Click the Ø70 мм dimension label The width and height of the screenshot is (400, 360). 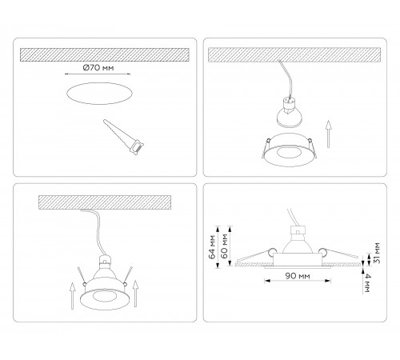point(98,68)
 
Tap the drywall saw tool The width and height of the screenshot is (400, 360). point(123,137)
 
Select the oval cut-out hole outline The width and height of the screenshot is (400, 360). point(99,94)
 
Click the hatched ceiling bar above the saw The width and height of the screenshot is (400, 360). point(105,54)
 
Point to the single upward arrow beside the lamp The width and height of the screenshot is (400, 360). point(329,134)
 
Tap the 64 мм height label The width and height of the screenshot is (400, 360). point(213,247)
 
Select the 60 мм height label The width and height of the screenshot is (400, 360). point(225,246)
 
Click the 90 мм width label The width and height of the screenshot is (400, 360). point(298,276)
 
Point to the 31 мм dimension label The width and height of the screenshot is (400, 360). point(377,253)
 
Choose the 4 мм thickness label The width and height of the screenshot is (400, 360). point(366,283)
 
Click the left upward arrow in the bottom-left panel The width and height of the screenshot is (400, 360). point(72,296)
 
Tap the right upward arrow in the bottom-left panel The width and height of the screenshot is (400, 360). point(135,294)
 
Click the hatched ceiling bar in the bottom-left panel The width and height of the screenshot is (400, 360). point(105,202)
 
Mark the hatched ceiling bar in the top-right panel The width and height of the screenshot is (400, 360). point(294,54)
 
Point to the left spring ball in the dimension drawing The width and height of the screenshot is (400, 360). point(273,251)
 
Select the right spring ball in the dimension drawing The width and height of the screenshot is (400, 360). point(322,251)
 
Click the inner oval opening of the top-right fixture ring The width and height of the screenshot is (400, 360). point(288,152)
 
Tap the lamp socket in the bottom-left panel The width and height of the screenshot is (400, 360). point(105,260)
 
